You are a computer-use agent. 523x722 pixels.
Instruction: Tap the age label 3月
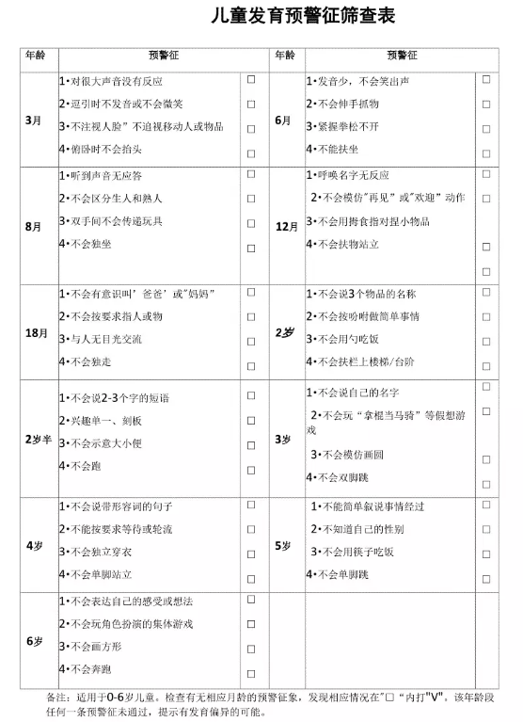(x=34, y=120)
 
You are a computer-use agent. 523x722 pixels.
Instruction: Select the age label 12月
(x=286, y=227)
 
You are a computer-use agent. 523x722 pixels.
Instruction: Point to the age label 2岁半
(x=38, y=439)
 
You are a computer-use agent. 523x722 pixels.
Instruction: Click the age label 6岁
(x=34, y=641)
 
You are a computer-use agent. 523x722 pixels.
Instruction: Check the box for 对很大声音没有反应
(x=251, y=80)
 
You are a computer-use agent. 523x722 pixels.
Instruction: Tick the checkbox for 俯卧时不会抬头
(x=251, y=152)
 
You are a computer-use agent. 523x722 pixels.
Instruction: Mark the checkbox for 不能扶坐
(x=486, y=152)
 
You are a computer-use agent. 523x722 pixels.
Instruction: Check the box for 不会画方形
(x=251, y=649)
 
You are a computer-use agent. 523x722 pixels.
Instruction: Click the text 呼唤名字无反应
(x=348, y=175)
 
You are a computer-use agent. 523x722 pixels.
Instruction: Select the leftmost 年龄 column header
(x=34, y=55)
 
